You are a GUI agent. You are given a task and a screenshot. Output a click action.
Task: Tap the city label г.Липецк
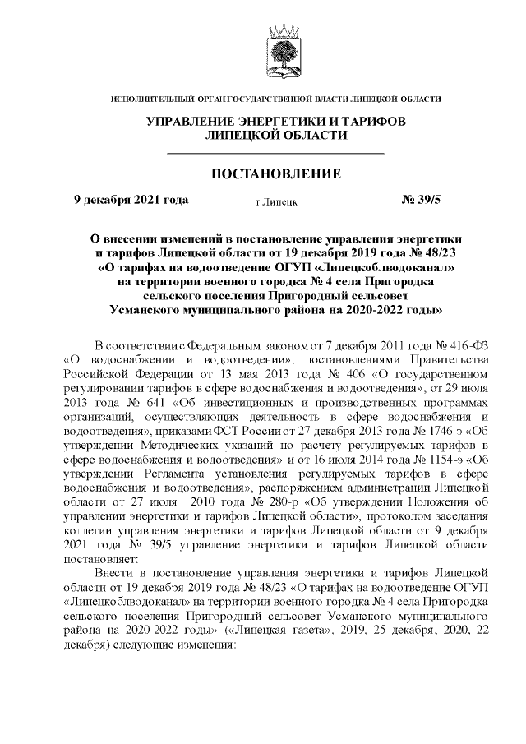pyautogui.click(x=276, y=201)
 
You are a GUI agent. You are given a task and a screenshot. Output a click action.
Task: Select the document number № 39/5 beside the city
pyautogui.click(x=421, y=199)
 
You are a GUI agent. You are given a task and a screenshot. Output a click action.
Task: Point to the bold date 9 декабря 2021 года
pyautogui.click(x=131, y=199)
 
